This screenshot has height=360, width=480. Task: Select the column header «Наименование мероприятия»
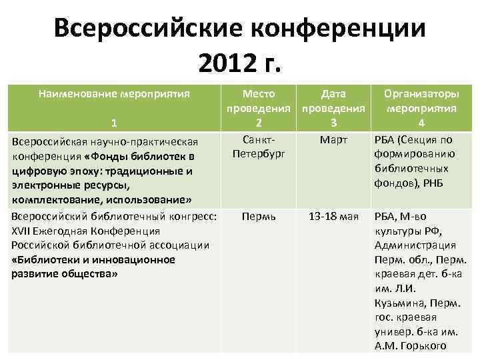(115, 94)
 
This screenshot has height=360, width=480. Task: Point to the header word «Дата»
(333, 94)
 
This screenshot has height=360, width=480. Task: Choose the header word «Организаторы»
(421, 94)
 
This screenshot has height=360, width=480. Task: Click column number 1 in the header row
(115, 123)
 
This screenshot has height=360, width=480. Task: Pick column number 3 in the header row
(333, 123)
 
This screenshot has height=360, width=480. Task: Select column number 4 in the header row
(421, 123)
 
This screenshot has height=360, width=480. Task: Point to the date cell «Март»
(333, 140)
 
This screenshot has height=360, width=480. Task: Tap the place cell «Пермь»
(259, 217)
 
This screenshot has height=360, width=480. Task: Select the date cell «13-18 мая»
(333, 217)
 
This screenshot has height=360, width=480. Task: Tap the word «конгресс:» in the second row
(194, 217)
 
